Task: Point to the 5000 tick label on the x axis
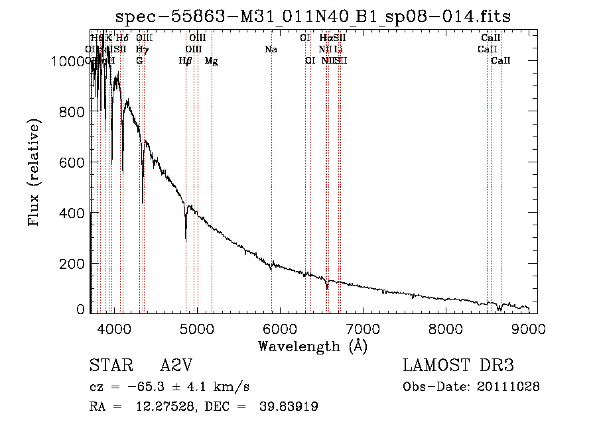pyautogui.click(x=196, y=327)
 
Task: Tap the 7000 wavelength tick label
pyautogui.click(x=363, y=327)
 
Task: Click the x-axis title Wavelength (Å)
pyautogui.click(x=312, y=346)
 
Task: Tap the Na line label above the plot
pyautogui.click(x=271, y=50)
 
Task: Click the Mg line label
pyautogui.click(x=212, y=61)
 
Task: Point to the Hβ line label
pyautogui.click(x=186, y=61)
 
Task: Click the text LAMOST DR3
pyautogui.click(x=458, y=366)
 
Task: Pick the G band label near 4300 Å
pyautogui.click(x=139, y=61)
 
